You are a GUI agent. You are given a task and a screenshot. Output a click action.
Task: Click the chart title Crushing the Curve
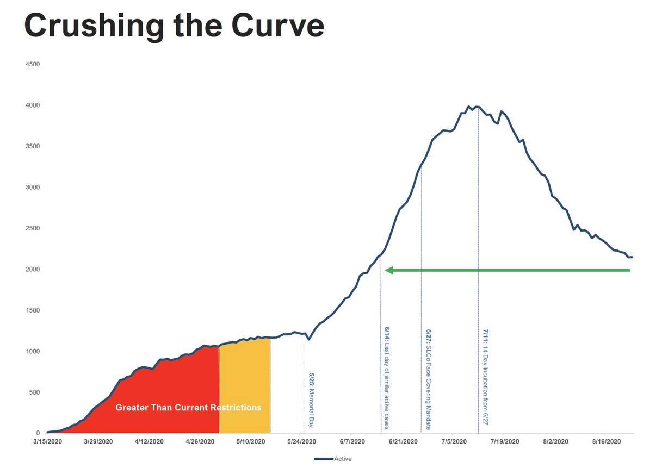coord(174,25)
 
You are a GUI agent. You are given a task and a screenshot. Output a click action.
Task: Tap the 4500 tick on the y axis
coord(33,64)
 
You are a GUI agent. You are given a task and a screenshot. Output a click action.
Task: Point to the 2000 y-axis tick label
coord(33,270)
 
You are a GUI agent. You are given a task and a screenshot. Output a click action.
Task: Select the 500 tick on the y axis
coord(34,392)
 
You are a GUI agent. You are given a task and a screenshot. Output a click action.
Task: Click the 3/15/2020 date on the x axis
coord(47,442)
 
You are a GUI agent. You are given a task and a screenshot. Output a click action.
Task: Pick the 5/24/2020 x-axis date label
coord(301,442)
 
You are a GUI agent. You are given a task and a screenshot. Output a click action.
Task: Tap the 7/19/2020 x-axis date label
coord(504,442)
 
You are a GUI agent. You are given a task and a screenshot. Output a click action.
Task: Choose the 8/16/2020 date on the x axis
coord(606,442)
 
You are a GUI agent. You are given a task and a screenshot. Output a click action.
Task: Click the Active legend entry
coord(343,459)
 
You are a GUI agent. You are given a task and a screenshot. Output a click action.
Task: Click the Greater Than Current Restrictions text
coord(188,408)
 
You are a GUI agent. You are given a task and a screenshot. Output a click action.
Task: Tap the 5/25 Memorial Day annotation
coord(311,400)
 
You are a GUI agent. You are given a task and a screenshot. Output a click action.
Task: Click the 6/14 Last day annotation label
coord(387,378)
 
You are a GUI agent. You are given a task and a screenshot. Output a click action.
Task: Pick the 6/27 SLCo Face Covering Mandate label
coord(428,379)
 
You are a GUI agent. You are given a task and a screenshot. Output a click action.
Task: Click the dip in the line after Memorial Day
coord(308,340)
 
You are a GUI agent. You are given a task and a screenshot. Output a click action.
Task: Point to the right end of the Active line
coord(632,257)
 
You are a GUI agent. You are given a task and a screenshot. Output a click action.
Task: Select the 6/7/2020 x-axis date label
coord(352,442)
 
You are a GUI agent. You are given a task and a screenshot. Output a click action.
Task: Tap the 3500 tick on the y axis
coord(33,146)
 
